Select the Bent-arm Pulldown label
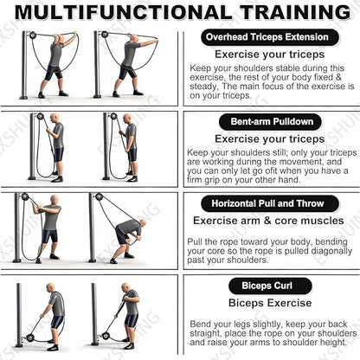(x=268, y=122)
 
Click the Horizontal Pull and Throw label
(x=268, y=204)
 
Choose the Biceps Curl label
(x=268, y=286)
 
